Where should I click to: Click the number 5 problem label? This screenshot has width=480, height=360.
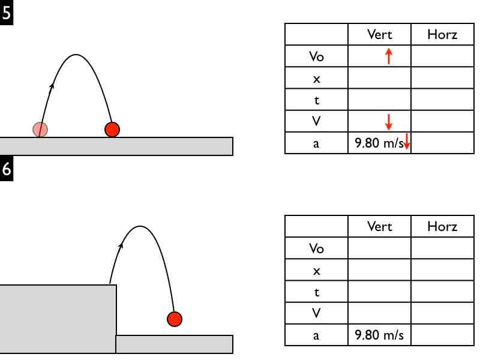pos(6,12)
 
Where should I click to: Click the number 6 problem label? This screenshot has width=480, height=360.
pos(6,169)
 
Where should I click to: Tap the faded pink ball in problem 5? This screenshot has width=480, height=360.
pos(40,128)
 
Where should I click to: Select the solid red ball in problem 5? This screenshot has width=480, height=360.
pos(112,129)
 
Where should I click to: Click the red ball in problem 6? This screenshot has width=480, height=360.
pos(174,319)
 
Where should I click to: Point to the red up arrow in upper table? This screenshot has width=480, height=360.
pos(389,56)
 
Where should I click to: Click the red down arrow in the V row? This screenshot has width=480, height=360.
pos(389,122)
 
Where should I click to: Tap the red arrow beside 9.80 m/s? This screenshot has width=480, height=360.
pos(407,142)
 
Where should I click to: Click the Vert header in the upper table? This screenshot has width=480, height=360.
pos(379,34)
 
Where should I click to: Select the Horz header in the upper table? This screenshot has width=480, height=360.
pos(442,34)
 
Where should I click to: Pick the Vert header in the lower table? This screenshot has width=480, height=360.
pos(379,226)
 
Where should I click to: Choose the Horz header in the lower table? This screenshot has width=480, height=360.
pos(442,226)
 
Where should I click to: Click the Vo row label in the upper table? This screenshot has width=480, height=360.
pos(316,56)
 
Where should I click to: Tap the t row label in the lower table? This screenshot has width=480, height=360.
pos(316,292)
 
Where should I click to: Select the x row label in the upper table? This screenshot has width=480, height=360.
pos(316,79)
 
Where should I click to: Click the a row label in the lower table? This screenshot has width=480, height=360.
pos(316,335)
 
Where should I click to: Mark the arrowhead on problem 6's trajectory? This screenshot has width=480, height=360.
pos(122,244)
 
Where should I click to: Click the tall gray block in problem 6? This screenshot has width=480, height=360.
pos(58,319)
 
